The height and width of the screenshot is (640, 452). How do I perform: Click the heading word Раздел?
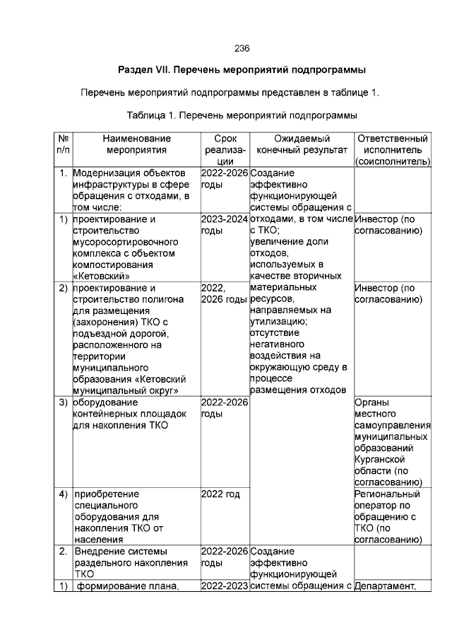pyautogui.click(x=136, y=71)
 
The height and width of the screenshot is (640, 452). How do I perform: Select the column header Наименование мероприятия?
pyautogui.click(x=136, y=144)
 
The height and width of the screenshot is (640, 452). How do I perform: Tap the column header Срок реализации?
pyautogui.click(x=225, y=150)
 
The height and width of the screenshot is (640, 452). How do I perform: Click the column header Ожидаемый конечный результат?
pyautogui.click(x=302, y=144)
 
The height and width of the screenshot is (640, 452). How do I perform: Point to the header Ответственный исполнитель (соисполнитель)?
pyautogui.click(x=392, y=150)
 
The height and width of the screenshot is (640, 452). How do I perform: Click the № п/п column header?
pyautogui.click(x=62, y=144)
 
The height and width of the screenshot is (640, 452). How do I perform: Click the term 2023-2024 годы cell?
pyautogui.click(x=224, y=225)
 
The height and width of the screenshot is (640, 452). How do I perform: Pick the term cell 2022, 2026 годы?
pyautogui.click(x=223, y=293)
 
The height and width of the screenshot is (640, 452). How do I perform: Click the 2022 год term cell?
pyautogui.click(x=221, y=494)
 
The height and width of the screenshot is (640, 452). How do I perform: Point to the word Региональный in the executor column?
pyautogui.click(x=387, y=494)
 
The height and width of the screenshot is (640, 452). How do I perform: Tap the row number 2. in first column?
pyautogui.click(x=63, y=551)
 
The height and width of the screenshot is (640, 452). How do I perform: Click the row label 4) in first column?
pyautogui.click(x=62, y=494)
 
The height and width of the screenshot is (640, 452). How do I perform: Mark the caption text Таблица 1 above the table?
pyautogui.click(x=156, y=115)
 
